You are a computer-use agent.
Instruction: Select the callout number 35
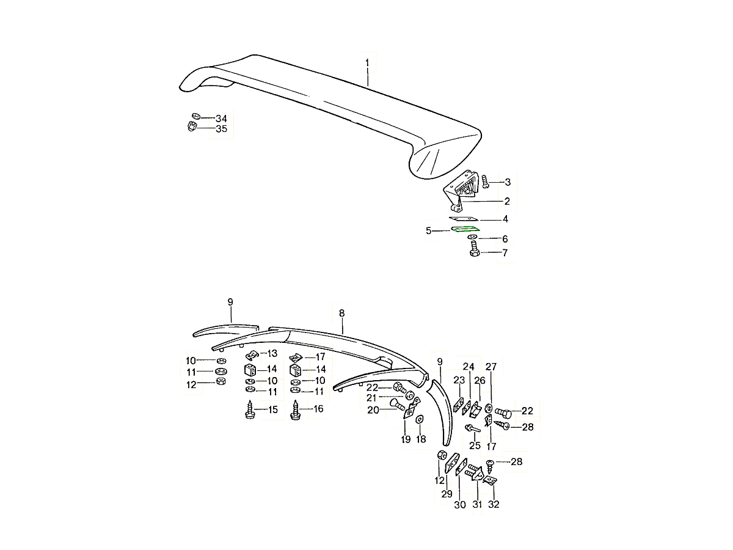pos(221,129)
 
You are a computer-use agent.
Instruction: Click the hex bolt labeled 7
pos(474,251)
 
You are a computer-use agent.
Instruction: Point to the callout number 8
pos(341,313)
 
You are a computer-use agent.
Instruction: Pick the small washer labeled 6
pos(472,238)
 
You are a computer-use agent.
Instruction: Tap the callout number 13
pos(271,354)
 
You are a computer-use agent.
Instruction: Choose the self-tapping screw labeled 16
pos(296,408)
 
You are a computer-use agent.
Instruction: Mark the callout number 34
pos(221,118)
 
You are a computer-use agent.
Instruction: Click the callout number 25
pos(475,446)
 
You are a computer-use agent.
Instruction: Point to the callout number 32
pos(494,505)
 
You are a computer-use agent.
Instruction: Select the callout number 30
pos(460,505)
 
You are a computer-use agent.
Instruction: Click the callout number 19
pos(406,439)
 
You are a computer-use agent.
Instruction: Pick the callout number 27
pos(491,367)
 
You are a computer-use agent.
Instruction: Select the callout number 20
pos(373,410)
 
